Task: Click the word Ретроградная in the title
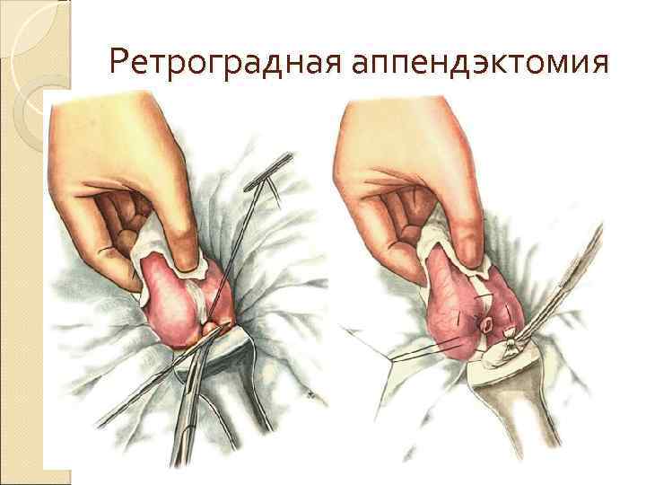pyautogui.click(x=225, y=62)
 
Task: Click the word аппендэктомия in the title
pyautogui.click(x=480, y=62)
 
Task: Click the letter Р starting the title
pyautogui.click(x=120, y=62)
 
